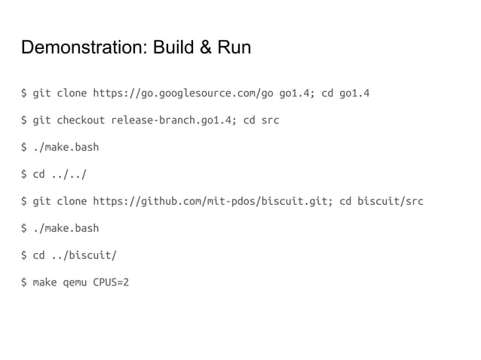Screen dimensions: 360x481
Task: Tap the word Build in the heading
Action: [x=169, y=50]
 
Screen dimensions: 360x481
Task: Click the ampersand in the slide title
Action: [x=201, y=50]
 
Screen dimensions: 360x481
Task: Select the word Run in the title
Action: [x=231, y=50]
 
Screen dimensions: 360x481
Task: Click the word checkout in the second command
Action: [x=81, y=121]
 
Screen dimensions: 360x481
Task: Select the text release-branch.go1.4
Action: [x=170, y=121]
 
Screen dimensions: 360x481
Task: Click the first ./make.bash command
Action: [x=66, y=148]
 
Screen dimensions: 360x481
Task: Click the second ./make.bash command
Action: [x=66, y=228]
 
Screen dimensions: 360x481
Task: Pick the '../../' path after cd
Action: [x=69, y=175]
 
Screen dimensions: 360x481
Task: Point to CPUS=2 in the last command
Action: [x=111, y=282]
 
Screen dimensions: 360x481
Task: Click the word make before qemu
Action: [x=44, y=282]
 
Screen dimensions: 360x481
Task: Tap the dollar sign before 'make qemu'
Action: [x=23, y=282]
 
